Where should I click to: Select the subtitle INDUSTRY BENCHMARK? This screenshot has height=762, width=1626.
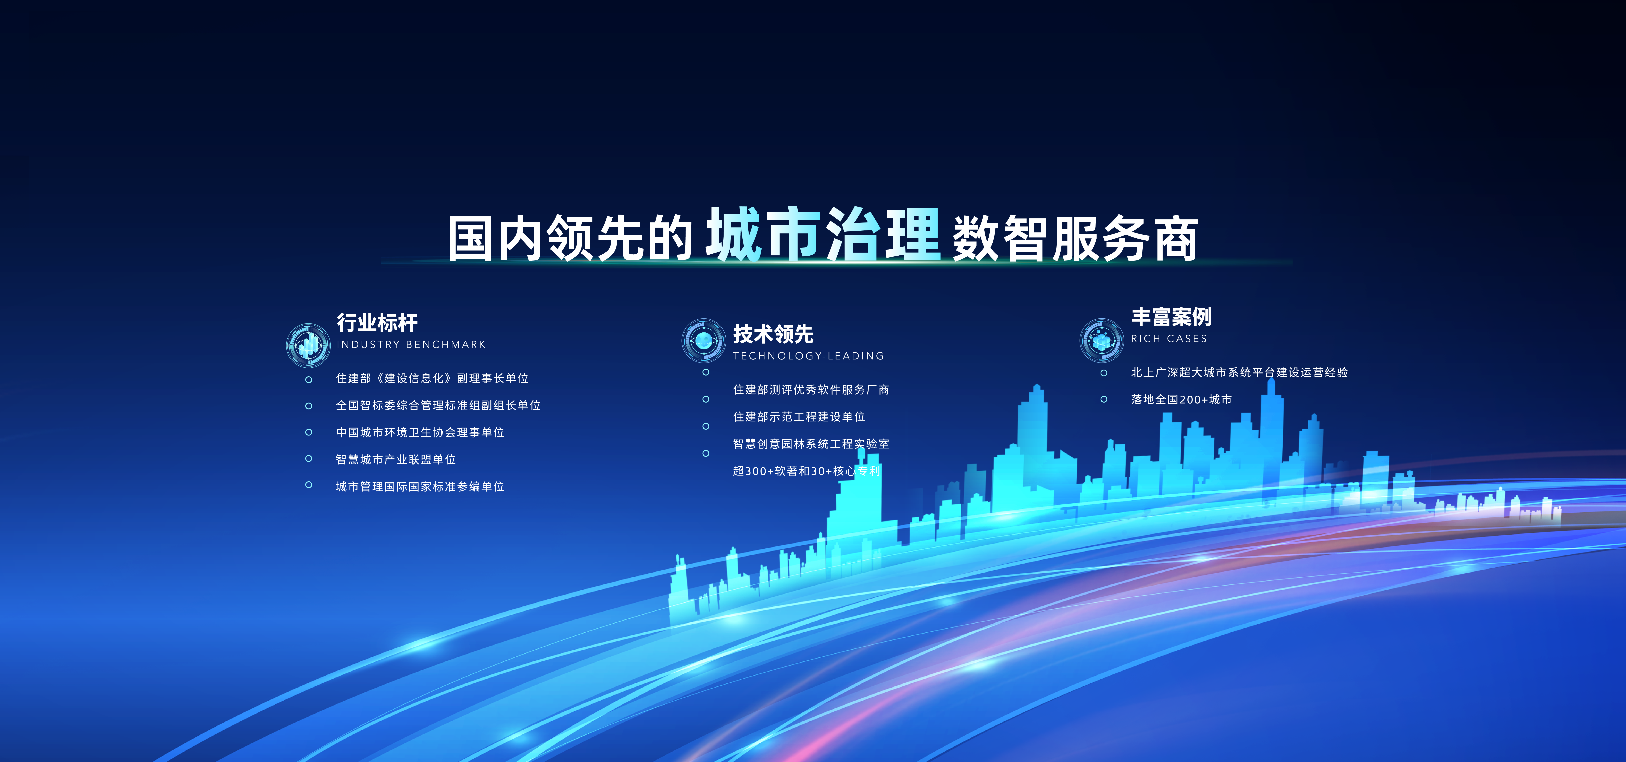coord(411,344)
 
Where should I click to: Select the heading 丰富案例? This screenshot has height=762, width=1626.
coord(1171,317)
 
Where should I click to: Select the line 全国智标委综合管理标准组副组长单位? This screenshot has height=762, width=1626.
coord(438,406)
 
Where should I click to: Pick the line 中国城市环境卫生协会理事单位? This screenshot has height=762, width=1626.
coord(420,433)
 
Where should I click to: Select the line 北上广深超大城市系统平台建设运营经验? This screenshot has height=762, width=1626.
coord(1239,373)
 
